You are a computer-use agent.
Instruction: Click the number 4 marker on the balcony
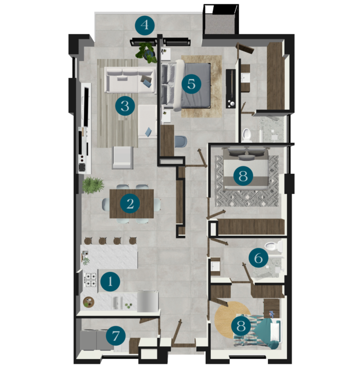point(145,25)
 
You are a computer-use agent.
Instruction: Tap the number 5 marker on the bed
point(191,84)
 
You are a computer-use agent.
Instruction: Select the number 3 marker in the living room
point(125,106)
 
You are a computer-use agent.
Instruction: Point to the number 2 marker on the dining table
point(130,204)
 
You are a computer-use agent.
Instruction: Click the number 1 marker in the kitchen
point(110,282)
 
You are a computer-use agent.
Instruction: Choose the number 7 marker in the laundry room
point(116,337)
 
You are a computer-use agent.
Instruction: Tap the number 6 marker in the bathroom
point(258,258)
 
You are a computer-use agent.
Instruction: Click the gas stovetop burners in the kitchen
point(91,280)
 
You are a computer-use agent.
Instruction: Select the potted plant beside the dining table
point(93,186)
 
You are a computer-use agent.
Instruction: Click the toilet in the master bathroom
point(247,135)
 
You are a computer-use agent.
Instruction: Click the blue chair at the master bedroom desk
point(181,142)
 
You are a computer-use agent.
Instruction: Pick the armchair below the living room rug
point(123,158)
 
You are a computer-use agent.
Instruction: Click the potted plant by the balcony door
point(146,52)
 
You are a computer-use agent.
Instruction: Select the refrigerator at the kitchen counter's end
point(148,301)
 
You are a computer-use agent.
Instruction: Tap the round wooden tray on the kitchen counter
point(89,302)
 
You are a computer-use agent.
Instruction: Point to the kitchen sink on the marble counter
point(117,303)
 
